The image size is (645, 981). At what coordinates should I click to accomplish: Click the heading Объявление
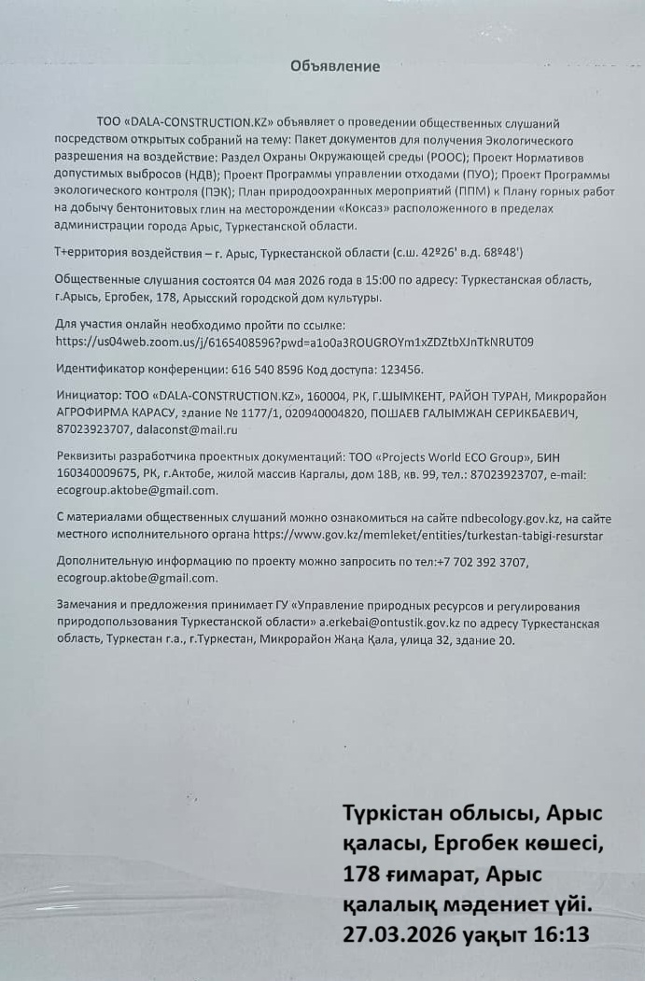point(335,66)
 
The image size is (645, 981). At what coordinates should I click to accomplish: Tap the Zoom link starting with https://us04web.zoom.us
point(294,343)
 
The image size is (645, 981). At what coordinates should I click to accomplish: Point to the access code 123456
point(399,370)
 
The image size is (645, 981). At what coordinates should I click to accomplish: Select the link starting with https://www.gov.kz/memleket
point(428,535)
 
